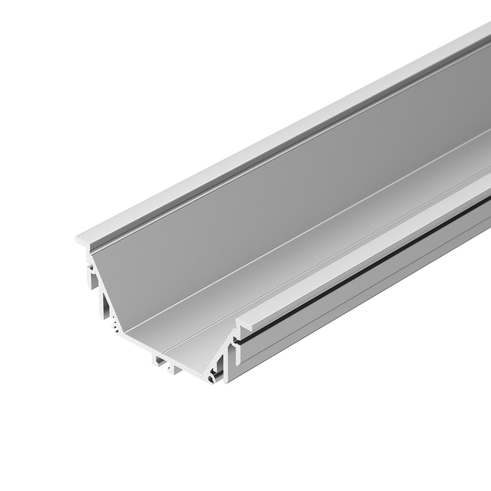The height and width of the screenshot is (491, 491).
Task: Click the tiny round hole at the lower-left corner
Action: pos(116,329)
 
